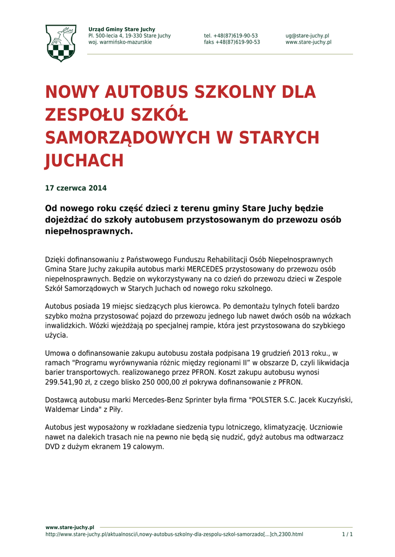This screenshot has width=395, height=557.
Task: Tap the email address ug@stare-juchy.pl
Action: click(x=307, y=36)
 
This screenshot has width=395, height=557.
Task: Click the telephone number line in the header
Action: click(x=231, y=36)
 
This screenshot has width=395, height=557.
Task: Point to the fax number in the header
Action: click(x=232, y=42)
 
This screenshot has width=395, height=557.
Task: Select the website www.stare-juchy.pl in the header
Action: click(x=308, y=42)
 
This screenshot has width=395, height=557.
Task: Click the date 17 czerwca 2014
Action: click(x=76, y=189)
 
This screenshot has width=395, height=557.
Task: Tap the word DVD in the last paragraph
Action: click(x=52, y=447)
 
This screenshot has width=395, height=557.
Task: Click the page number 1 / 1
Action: click(x=347, y=535)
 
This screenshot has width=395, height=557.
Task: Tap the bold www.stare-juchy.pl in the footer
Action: click(x=70, y=528)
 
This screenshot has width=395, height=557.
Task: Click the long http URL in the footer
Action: click(x=174, y=535)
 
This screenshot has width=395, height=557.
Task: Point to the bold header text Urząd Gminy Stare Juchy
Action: click(x=121, y=29)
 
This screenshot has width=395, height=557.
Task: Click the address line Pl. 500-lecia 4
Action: click(x=129, y=36)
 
